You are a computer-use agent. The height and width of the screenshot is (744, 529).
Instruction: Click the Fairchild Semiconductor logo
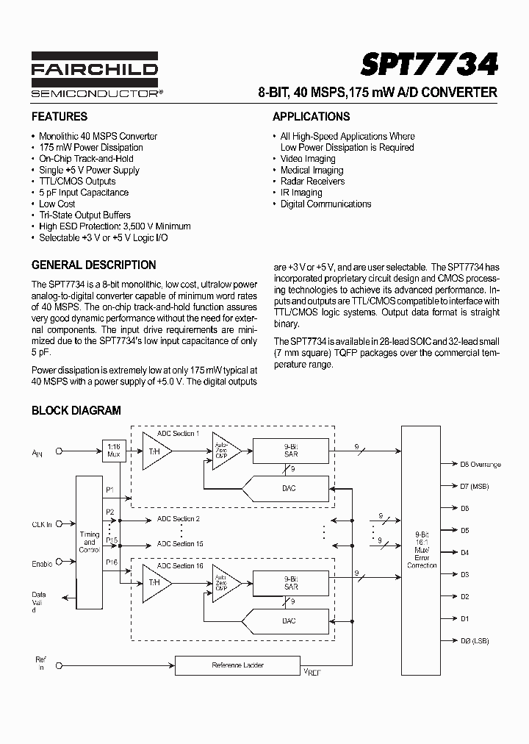[x=95, y=75]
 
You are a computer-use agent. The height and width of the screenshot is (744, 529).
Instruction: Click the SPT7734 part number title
[x=428, y=65]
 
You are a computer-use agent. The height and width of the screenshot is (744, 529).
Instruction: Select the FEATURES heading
[x=60, y=117]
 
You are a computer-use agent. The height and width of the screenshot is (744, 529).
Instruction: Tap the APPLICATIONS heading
[x=311, y=117]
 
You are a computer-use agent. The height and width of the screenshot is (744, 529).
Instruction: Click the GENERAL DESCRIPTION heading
[x=93, y=265]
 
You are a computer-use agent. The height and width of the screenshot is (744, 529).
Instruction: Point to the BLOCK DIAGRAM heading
[x=76, y=411]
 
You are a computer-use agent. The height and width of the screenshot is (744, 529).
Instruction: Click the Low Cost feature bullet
[x=57, y=204]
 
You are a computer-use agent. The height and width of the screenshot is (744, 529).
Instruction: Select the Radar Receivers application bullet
[x=312, y=181]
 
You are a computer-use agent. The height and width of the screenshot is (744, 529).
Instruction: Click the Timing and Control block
[x=89, y=541]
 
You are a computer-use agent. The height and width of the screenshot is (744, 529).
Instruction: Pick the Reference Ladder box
[x=237, y=665]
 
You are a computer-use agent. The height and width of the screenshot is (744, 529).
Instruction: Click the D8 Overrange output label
[x=481, y=464]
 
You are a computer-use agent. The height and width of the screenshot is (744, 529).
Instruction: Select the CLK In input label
[x=42, y=524]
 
